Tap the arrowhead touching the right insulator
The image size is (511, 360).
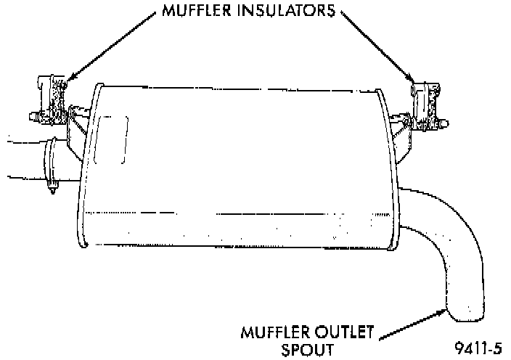[x=414, y=82]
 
